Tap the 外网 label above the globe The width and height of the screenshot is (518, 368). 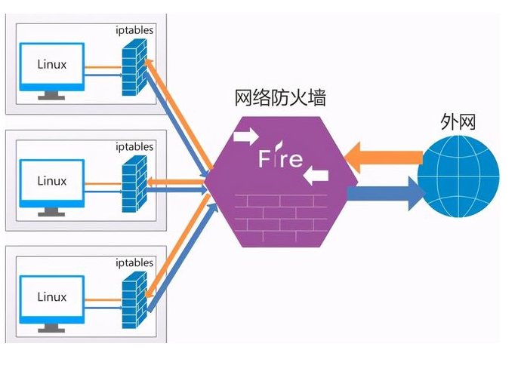click(458, 121)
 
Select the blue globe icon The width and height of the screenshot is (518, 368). click(460, 176)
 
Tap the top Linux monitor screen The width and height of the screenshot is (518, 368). click(52, 65)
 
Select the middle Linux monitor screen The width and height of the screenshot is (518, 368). click(52, 181)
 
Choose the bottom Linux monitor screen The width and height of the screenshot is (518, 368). click(52, 297)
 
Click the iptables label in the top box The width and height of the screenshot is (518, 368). click(134, 30)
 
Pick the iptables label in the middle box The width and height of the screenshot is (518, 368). click(134, 146)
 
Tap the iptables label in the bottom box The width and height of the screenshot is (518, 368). click(134, 262)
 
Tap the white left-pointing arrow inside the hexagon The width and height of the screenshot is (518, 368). click(316, 176)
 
